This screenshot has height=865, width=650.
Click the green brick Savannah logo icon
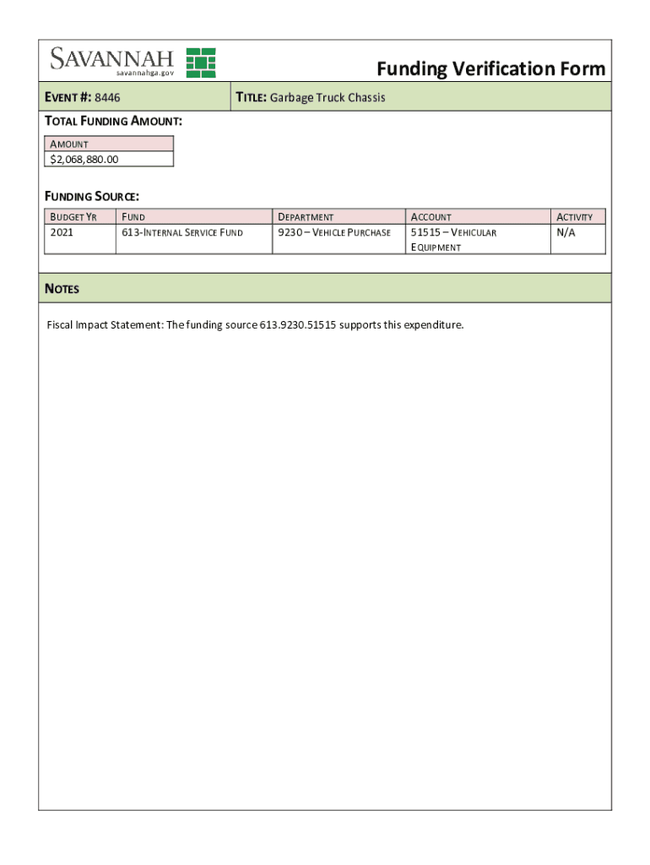201,63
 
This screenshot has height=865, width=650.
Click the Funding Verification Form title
490,68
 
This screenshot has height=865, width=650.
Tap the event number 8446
107,98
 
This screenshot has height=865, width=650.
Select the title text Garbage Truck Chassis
327,98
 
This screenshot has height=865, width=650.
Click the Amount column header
69,144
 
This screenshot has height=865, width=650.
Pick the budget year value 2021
62,232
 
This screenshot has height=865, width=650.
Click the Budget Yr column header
73,217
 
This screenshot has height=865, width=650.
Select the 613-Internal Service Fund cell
181,232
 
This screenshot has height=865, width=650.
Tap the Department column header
306,217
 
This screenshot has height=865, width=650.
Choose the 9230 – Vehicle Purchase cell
334,232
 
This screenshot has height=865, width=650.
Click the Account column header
431,217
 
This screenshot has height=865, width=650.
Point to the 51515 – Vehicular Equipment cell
453,239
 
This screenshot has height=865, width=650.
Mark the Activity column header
574,217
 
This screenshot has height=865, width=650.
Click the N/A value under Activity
565,232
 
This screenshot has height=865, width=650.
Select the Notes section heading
62,289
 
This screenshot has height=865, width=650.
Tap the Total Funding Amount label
113,122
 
